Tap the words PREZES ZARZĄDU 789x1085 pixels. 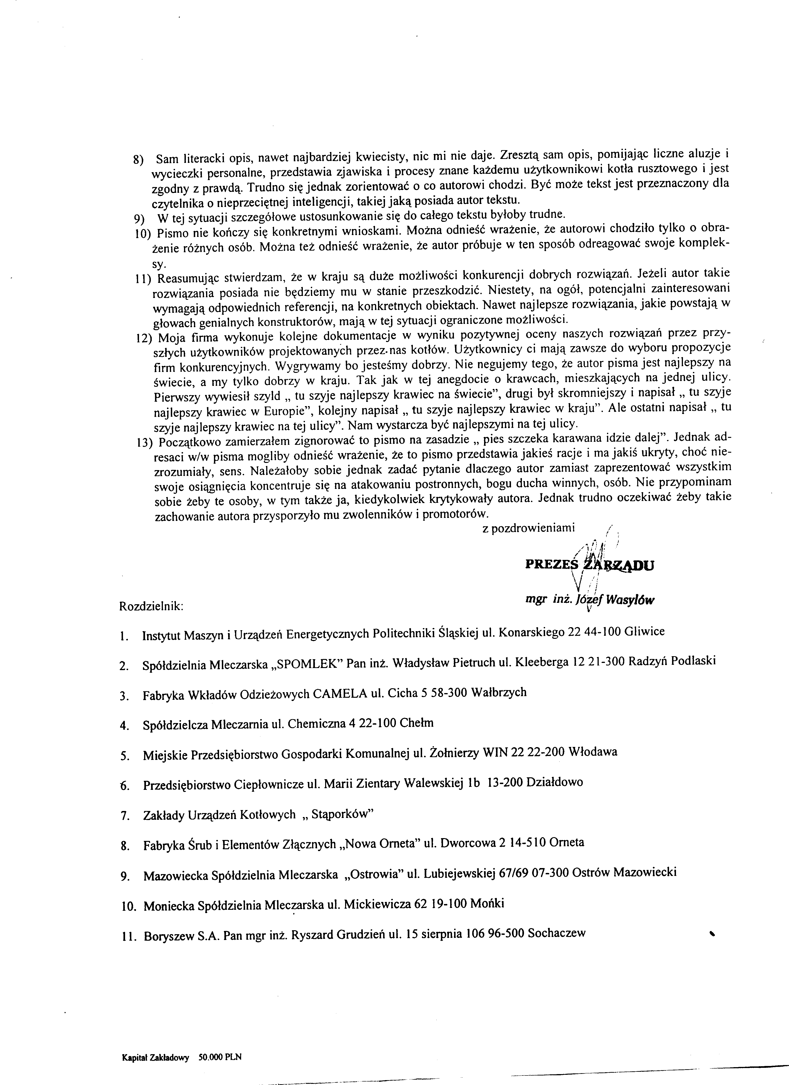point(589,565)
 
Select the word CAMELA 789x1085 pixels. point(341,693)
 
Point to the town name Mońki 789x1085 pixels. point(488,904)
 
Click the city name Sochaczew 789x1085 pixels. point(557,934)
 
